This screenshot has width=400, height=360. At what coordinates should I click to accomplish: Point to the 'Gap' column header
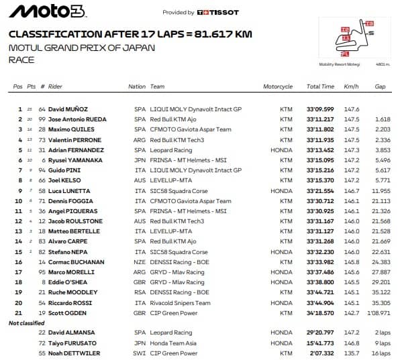pyautogui.click(x=381, y=87)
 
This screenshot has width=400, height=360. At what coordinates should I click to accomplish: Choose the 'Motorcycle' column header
pyautogui.click(x=278, y=87)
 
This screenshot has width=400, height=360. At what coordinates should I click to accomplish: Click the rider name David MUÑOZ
pyautogui.click(x=68, y=109)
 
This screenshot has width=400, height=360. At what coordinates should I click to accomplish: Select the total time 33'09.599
pyautogui.click(x=320, y=109)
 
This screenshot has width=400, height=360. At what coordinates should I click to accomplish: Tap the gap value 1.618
pyautogui.click(x=383, y=119)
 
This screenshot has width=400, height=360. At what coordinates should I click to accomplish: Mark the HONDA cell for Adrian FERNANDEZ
pyautogui.click(x=282, y=150)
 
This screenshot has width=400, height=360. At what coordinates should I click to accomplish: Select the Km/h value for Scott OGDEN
pyautogui.click(x=352, y=312)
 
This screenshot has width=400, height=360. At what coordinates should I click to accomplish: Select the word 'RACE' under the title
pyautogui.click(x=21, y=60)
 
